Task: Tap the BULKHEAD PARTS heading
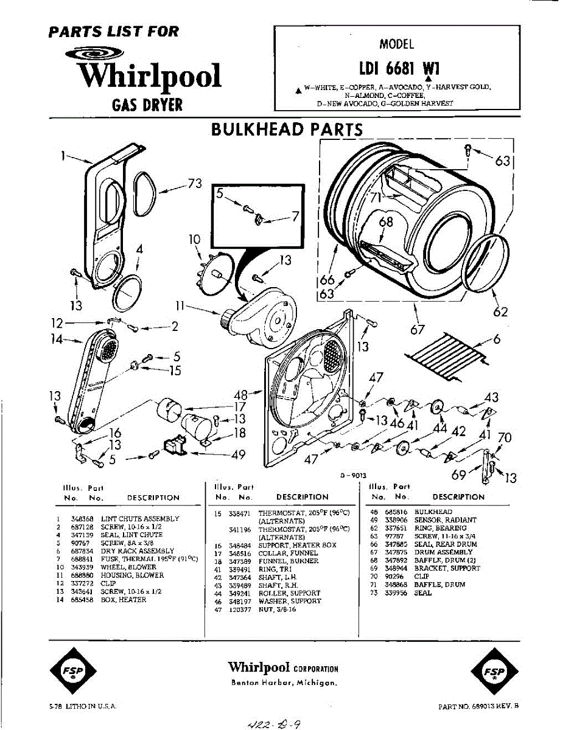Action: click(286, 130)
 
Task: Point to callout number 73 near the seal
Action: click(194, 184)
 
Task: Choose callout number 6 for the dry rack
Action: click(497, 339)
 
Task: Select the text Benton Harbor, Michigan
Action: click(284, 683)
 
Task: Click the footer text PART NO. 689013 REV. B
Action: click(478, 707)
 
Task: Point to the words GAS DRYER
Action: click(147, 105)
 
